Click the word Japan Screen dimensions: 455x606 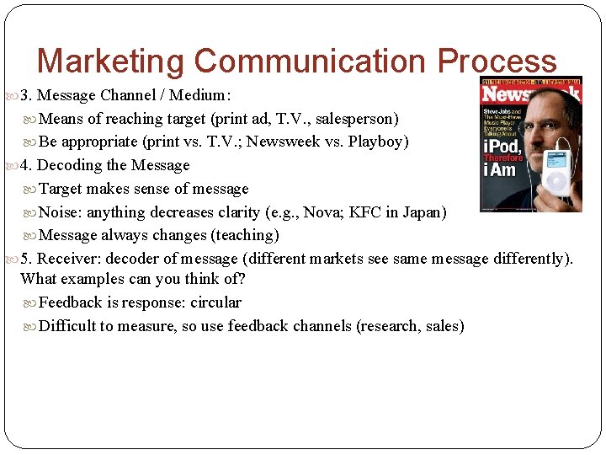[423, 212]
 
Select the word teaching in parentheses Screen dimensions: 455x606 [248, 235]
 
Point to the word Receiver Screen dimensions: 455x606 [66, 259]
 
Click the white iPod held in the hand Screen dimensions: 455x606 [557, 173]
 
